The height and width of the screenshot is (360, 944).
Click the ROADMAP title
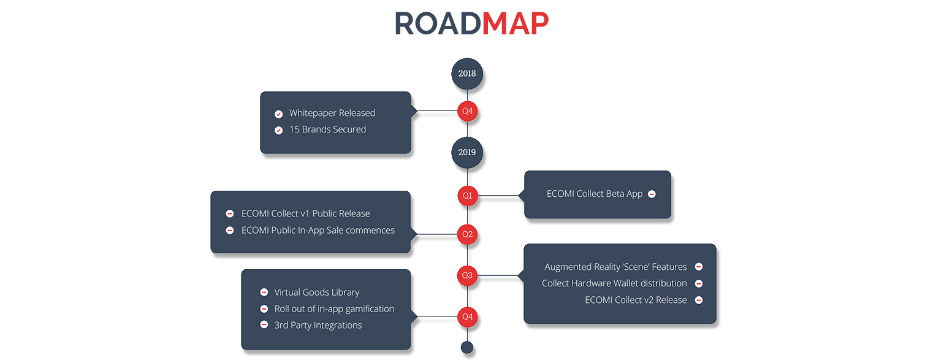(471, 23)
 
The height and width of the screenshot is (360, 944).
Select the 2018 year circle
(467, 74)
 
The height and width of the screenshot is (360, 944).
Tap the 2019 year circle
(467, 153)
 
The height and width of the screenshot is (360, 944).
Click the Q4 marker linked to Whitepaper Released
(467, 111)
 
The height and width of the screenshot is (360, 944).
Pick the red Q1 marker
(467, 196)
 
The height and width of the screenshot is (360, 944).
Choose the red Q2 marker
(467, 234)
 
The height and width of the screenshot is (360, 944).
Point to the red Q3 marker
(467, 276)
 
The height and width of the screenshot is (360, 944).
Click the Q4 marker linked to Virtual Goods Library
(467, 317)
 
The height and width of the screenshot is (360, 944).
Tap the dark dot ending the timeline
(467, 347)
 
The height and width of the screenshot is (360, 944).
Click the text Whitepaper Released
(332, 113)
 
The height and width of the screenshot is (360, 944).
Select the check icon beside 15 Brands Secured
(278, 130)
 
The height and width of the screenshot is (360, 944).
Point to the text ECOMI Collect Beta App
(595, 194)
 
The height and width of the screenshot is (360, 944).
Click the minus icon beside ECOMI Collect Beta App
(652, 194)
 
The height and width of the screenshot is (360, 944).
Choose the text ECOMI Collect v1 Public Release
(305, 213)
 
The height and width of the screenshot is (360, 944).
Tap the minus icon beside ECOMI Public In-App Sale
(230, 230)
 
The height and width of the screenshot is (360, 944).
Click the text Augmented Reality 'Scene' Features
(615, 267)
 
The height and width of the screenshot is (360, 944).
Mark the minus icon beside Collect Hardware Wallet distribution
(699, 283)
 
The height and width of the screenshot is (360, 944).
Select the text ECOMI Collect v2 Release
(636, 300)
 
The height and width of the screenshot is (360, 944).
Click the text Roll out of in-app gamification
(334, 309)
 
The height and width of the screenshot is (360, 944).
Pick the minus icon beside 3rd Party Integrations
(264, 324)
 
